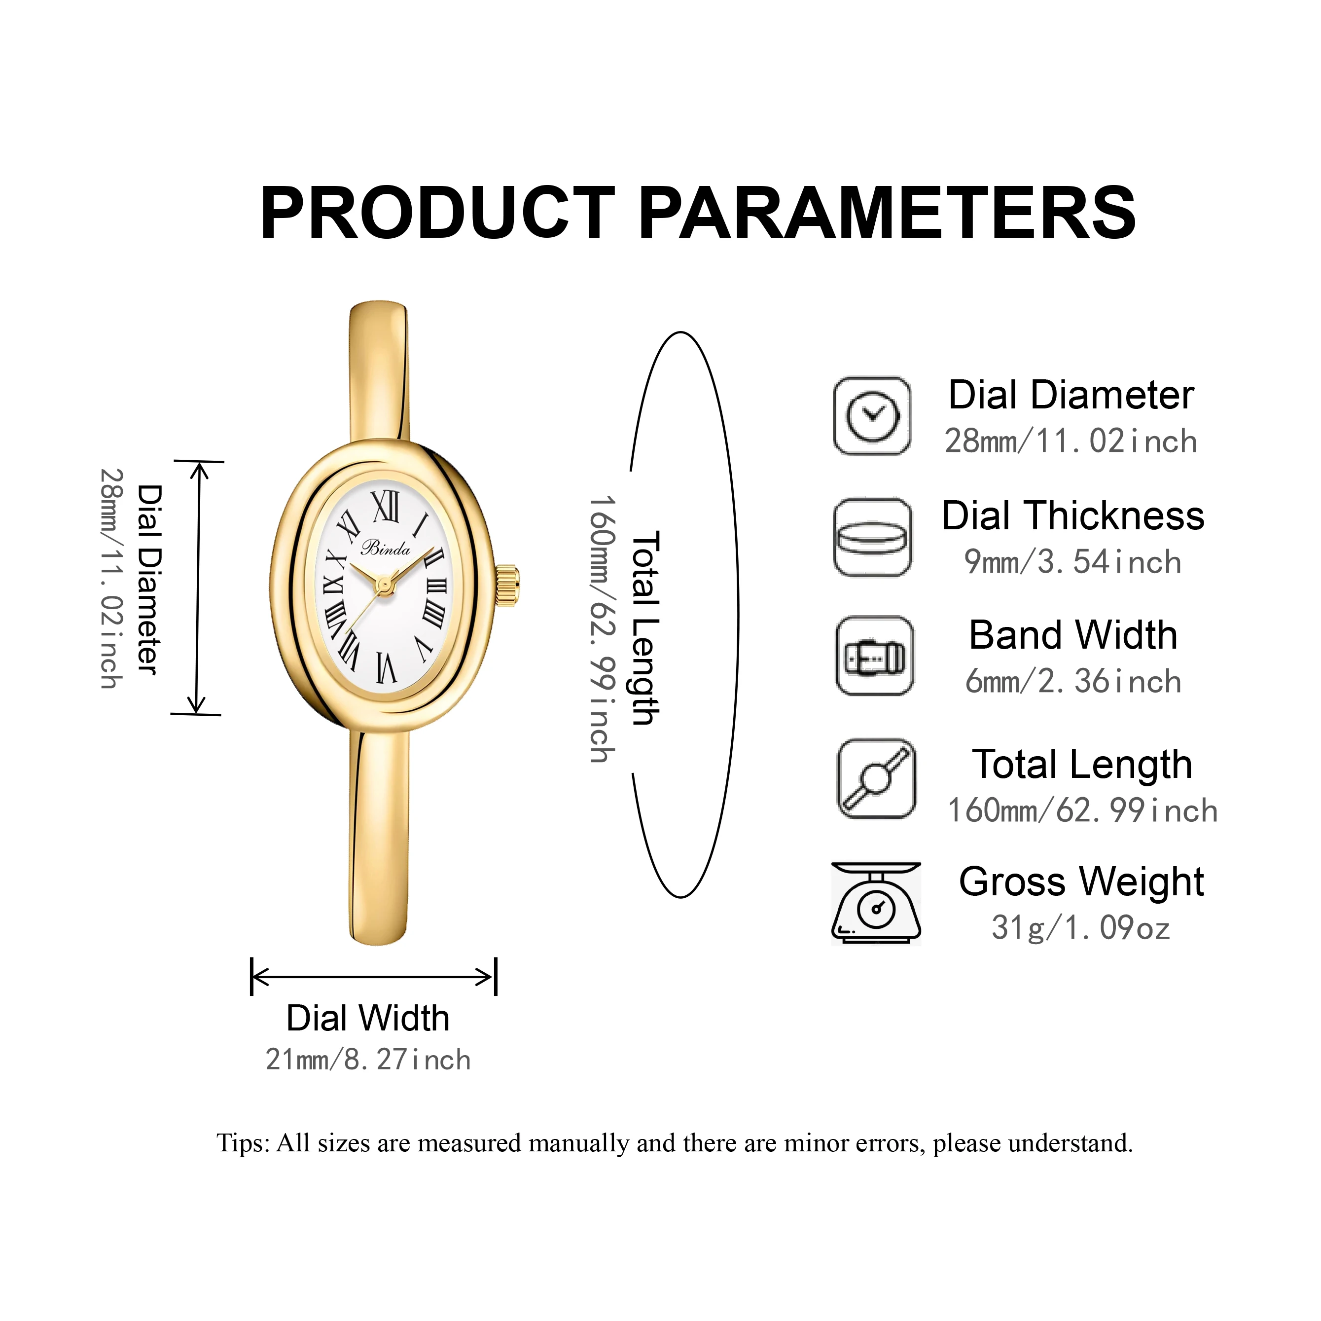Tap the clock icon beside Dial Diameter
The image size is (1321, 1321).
point(872,415)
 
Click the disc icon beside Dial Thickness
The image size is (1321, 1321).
point(872,537)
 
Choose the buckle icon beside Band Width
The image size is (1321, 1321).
point(875,657)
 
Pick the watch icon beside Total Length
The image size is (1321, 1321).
point(876,778)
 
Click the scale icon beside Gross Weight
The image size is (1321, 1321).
point(876,904)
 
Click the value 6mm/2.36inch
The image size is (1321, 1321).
point(1073,681)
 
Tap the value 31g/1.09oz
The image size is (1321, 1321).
point(1081,928)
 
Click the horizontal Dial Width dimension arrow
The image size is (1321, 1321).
point(373,977)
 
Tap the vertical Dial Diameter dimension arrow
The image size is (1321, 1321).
point(198,588)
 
